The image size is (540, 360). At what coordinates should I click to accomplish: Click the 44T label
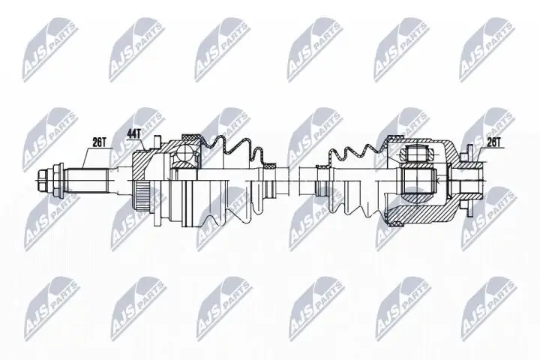(134, 133)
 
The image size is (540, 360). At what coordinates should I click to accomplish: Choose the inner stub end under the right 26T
(472, 180)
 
